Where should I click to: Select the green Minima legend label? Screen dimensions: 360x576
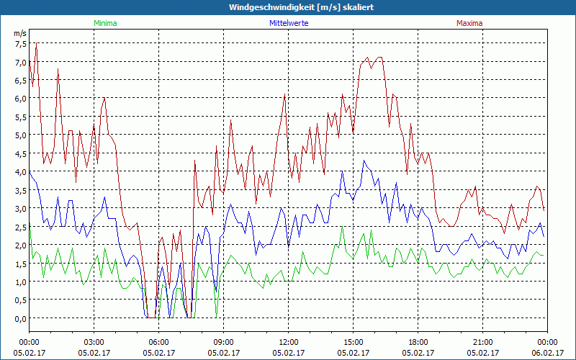[105, 23]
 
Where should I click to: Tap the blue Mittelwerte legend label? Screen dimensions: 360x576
[288, 23]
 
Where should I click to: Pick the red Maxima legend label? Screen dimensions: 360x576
[469, 23]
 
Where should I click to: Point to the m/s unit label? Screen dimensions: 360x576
[20, 33]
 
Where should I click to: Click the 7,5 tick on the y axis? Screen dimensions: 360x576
[20, 43]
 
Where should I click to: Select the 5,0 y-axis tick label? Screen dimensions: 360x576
[20, 135]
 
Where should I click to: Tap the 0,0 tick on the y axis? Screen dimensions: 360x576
[20, 318]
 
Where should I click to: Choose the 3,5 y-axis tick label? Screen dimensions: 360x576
[20, 190]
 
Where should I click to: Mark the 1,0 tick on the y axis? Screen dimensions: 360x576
[20, 282]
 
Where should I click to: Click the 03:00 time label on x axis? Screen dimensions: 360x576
[94, 342]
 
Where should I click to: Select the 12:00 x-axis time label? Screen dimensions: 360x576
[289, 342]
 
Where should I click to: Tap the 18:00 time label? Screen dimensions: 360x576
[418, 342]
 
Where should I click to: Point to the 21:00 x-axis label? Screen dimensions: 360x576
[483, 342]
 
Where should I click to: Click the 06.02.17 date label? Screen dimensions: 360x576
[548, 353]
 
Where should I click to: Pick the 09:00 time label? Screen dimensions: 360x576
[224, 342]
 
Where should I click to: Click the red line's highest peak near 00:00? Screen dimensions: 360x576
[36, 43]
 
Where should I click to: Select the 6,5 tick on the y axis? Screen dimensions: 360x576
[20, 80]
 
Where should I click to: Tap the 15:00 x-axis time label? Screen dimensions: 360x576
[354, 342]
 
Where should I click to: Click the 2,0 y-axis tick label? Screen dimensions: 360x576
[20, 245]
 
